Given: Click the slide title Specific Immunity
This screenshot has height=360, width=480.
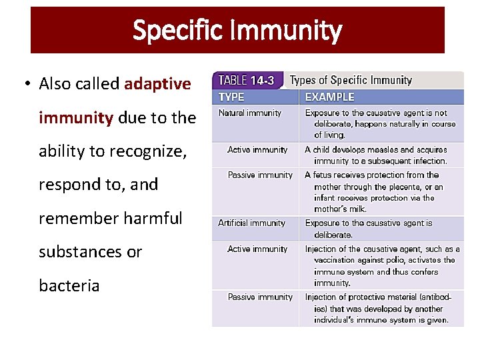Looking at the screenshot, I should pos(237,31).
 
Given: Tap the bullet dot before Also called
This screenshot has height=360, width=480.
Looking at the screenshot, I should pos(27,84).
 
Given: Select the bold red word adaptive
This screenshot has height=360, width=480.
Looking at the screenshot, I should pos(157,84).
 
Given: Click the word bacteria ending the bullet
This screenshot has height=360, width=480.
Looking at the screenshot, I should pos(69,286).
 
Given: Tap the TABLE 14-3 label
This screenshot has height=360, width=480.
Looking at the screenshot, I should pos(247,80).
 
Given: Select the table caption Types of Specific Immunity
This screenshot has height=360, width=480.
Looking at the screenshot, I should pos(351,80).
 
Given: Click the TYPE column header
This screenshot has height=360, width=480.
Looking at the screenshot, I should pos(231,97).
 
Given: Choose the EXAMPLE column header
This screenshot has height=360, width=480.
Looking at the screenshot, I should pos(329,97).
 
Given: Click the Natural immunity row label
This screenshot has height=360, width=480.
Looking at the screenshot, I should pos(250,113).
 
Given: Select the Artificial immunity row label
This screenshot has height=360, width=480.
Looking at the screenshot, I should pos(251,223).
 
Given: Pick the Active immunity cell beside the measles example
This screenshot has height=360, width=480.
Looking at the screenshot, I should pos(257,150).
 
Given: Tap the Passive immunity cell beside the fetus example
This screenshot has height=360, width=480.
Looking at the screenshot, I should pos(260,175).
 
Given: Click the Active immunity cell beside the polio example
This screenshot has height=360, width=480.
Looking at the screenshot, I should pos(257,249).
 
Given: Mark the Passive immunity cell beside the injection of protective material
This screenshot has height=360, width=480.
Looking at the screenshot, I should pos(260,297).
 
